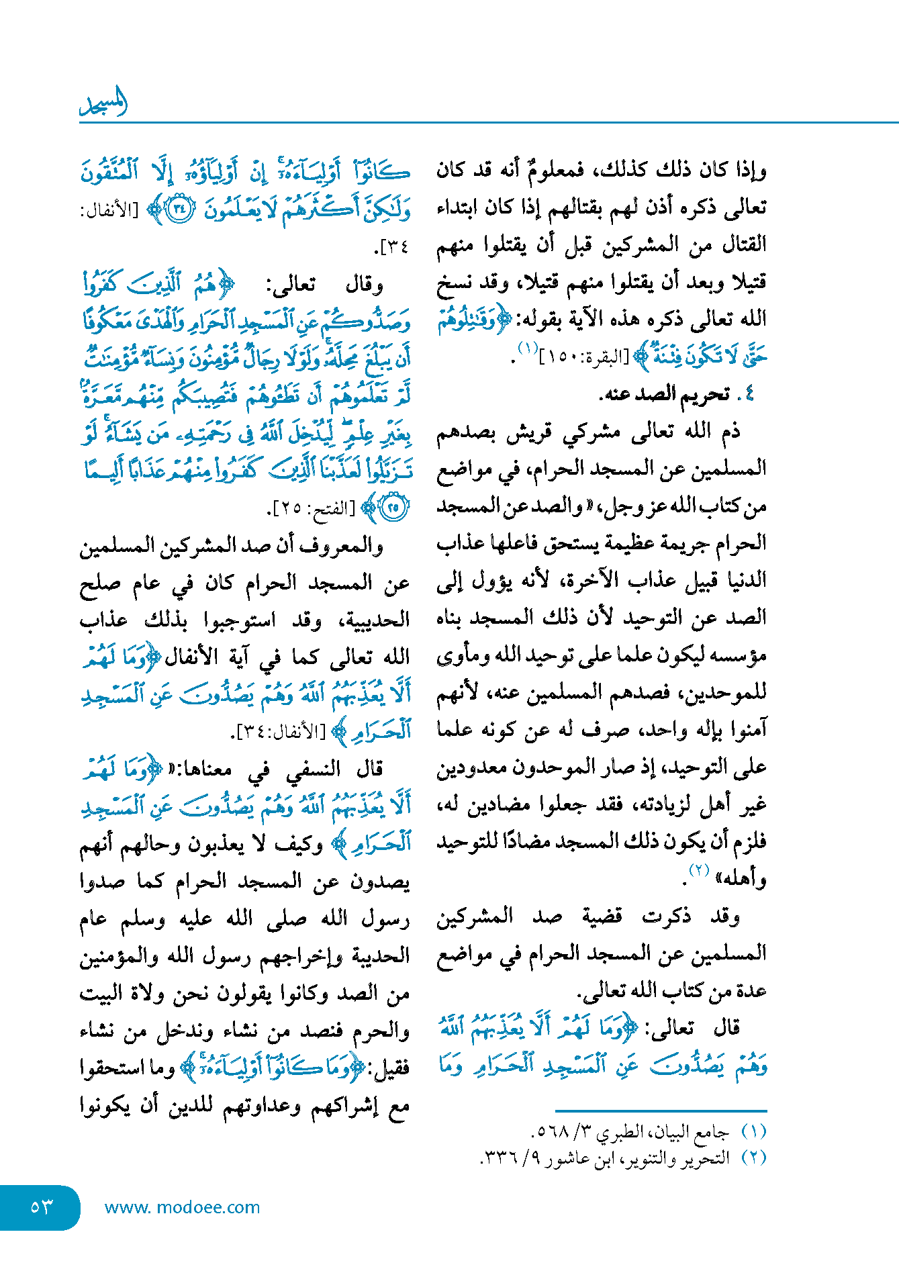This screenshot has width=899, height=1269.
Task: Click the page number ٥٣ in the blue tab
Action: point(41,1207)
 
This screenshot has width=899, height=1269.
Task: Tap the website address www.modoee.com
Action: point(182,1207)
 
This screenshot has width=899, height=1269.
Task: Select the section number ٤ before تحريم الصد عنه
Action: point(749,393)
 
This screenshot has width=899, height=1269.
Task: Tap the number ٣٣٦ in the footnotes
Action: point(498,1158)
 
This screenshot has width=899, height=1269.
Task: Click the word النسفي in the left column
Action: point(313,769)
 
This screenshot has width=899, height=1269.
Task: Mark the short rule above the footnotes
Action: point(661,1111)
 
